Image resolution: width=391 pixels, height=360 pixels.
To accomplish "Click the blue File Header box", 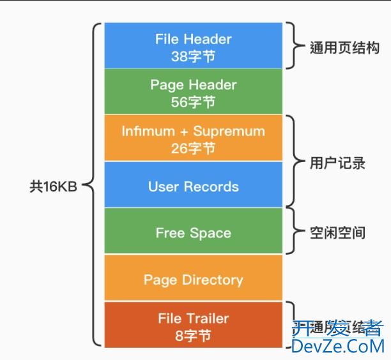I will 193,46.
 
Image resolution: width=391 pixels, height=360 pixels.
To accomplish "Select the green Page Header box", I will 193,92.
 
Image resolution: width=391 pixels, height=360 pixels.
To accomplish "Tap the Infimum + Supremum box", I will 193,139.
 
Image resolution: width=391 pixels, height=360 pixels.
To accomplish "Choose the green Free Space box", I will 193,232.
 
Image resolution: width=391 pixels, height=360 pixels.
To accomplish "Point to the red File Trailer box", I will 193,325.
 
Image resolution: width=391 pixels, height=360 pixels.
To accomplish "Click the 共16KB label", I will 53,186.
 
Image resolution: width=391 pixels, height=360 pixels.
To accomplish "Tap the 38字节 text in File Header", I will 193,56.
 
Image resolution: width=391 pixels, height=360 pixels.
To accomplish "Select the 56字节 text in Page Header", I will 193,101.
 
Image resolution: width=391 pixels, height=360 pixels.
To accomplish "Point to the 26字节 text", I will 193,148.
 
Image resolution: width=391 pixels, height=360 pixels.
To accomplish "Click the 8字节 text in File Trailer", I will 193,334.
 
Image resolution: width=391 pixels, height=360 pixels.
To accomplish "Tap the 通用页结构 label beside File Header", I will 344,48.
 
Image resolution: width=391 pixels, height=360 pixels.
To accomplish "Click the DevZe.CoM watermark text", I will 338,346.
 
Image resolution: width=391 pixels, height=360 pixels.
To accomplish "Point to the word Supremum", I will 229,131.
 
